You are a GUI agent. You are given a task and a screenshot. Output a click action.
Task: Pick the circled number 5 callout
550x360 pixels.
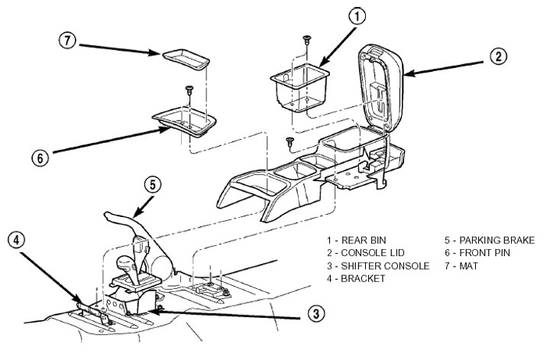click(x=153, y=183)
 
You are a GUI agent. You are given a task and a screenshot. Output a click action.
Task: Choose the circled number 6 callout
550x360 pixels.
click(x=40, y=158)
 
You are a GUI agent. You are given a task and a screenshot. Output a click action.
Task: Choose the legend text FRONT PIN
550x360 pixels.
click(x=479, y=253)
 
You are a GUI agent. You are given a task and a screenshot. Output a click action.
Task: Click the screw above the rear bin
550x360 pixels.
click(x=306, y=39)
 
